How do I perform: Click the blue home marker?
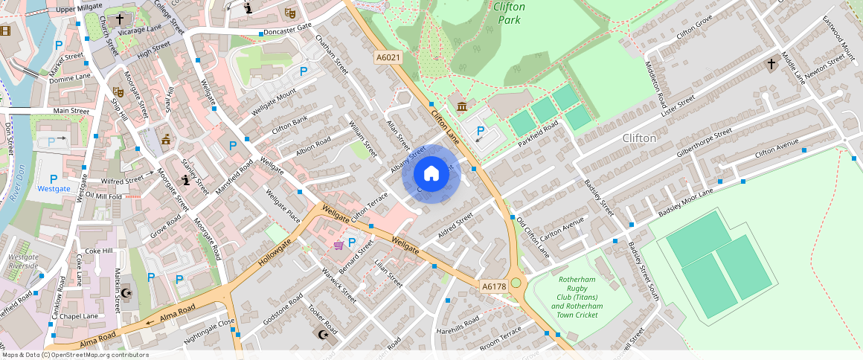431,174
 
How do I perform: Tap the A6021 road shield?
388,57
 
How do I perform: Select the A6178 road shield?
494,286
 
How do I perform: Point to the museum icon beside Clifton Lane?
462,107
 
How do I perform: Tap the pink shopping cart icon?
339,244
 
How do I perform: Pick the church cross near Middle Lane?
771,65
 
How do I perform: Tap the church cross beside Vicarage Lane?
120,18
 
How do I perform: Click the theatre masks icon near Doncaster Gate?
290,13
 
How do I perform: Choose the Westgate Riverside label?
23,261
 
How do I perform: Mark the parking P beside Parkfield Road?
481,131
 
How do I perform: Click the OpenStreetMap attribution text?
74,355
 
